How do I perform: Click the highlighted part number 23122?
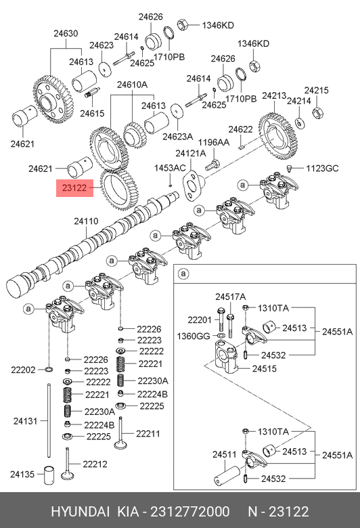(x=74, y=188)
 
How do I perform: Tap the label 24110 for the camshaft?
(x=86, y=221)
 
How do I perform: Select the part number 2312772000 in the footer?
(x=190, y=512)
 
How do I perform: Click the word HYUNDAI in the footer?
(x=80, y=512)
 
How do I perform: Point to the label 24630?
(x=66, y=33)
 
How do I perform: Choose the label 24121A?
(x=191, y=154)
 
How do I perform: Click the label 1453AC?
(x=170, y=168)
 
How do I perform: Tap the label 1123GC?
(x=322, y=168)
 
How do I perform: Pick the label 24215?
(x=316, y=90)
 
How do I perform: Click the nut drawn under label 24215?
(x=317, y=112)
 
